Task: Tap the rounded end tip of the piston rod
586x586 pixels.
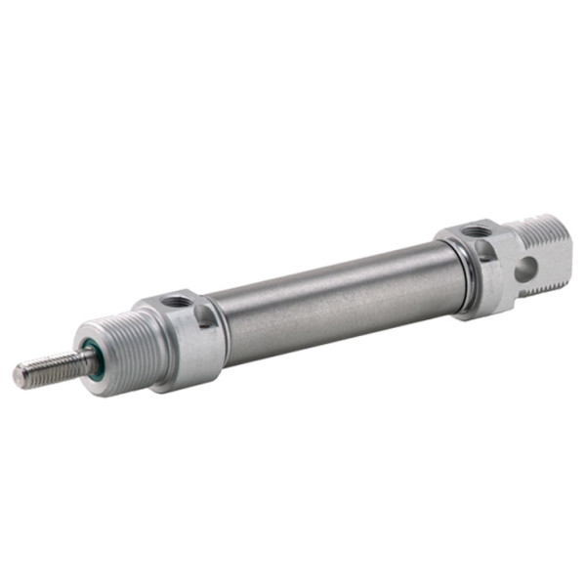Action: pos(20,374)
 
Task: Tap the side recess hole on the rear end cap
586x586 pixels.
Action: pos(485,252)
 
